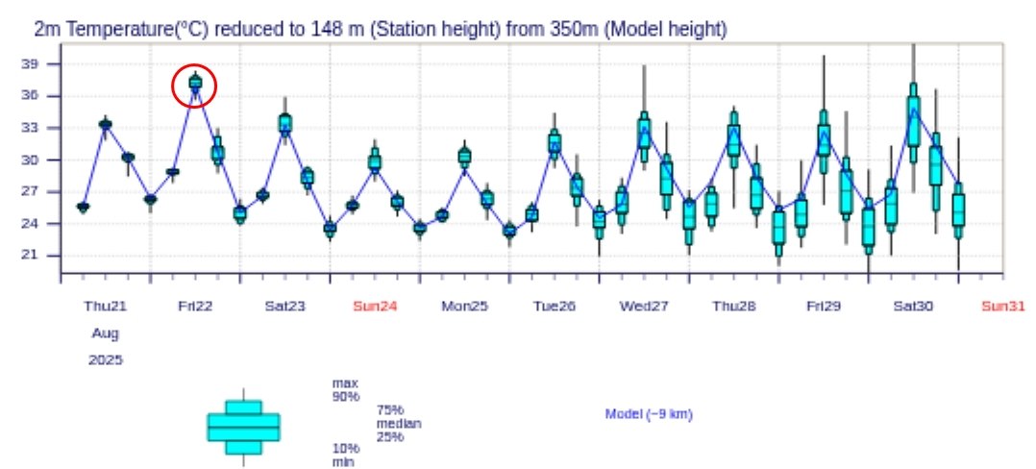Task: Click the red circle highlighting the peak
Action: [195, 86]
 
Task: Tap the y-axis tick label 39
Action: [41, 64]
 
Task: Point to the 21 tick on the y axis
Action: [41, 256]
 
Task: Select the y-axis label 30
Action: [41, 160]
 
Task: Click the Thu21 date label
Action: [106, 307]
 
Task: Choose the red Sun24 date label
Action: [375, 307]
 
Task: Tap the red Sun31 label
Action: [1002, 307]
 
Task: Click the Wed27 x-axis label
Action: [644, 307]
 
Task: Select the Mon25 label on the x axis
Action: [464, 307]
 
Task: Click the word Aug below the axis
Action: [106, 333]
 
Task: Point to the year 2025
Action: [106, 360]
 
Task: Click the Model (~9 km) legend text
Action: [649, 414]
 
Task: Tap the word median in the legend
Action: [399, 424]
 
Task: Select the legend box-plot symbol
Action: [243, 426]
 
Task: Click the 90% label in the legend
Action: [345, 396]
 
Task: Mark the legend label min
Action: [343, 462]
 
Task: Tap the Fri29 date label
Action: [824, 307]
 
